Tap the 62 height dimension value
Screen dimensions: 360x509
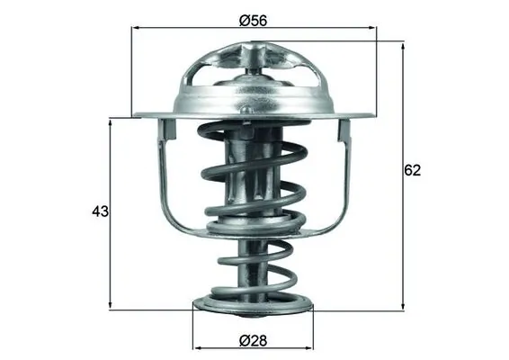(x=413, y=169)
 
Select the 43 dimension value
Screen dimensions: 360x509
(x=100, y=212)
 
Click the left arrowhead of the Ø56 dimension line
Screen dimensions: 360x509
(x=136, y=28)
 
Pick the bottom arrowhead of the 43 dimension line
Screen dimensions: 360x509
(x=111, y=306)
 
